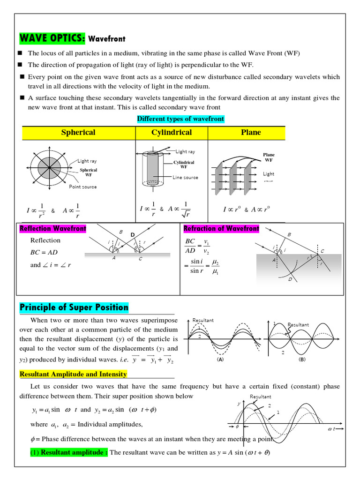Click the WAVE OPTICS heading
(x=52, y=38)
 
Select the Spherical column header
(x=78, y=133)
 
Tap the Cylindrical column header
(x=172, y=133)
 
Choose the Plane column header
(x=251, y=133)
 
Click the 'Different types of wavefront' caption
(x=180, y=119)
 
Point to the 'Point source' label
(x=82, y=187)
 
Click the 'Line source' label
(x=185, y=178)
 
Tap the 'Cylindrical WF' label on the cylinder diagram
(x=184, y=164)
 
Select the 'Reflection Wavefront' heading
(x=52, y=229)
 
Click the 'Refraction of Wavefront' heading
(x=221, y=229)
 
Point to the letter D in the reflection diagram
(x=132, y=234)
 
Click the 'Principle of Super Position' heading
(x=74, y=307)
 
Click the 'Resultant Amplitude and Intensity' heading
(x=73, y=374)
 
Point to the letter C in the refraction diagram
(x=322, y=251)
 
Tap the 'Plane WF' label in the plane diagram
(x=269, y=157)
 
